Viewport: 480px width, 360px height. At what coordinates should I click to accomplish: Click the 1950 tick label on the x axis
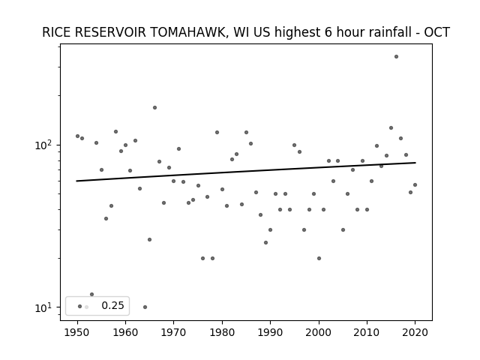coord(77,332)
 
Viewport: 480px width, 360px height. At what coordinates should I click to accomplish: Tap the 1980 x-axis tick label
coord(222,332)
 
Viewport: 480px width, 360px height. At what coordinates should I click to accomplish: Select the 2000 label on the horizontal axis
coord(319,332)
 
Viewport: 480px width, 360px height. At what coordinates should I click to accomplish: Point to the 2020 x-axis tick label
coord(415,332)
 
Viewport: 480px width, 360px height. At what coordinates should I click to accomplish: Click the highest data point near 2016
coord(396,57)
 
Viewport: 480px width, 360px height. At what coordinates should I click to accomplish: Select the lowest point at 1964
coord(145,307)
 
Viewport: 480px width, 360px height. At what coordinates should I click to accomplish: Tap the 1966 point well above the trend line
coord(155,108)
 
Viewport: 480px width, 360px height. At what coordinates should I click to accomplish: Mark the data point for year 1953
coord(91,295)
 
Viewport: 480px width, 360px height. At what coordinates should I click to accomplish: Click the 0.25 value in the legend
coord(112,305)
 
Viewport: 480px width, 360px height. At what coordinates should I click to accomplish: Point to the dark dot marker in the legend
coord(80,307)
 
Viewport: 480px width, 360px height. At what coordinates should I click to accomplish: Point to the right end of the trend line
coord(415,163)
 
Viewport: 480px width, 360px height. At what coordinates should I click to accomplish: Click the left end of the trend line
coord(76,181)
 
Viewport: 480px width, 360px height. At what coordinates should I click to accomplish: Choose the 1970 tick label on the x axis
coord(174,332)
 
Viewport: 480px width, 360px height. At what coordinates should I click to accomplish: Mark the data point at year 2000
coord(319,258)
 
